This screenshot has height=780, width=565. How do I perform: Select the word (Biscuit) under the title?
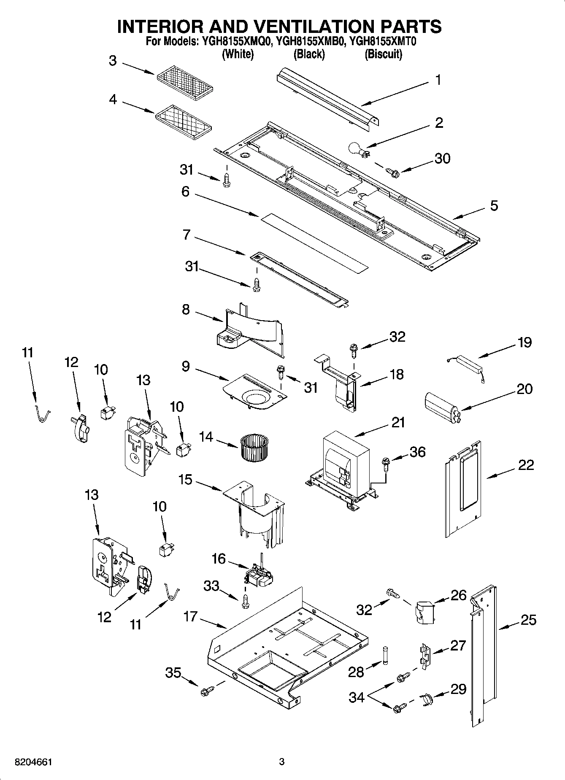(x=383, y=54)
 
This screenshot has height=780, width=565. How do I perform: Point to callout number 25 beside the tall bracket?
(x=527, y=620)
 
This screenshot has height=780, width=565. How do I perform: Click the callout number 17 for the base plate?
(x=190, y=616)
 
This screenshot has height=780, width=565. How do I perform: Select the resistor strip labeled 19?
(x=465, y=362)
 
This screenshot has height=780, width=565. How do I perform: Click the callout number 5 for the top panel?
(x=494, y=206)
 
